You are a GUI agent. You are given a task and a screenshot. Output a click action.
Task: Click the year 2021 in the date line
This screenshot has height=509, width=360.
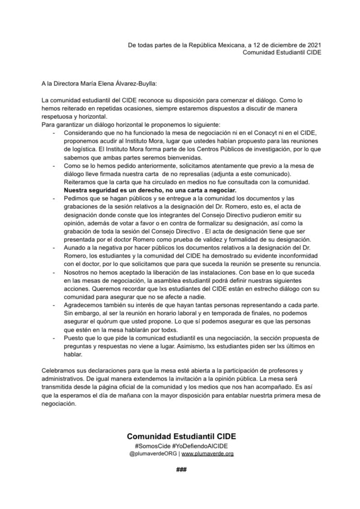tap(313, 45)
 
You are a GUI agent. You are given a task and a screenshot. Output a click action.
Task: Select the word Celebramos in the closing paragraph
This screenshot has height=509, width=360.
tap(58, 370)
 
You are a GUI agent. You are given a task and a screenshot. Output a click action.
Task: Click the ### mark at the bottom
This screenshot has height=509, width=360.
tap(181, 469)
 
